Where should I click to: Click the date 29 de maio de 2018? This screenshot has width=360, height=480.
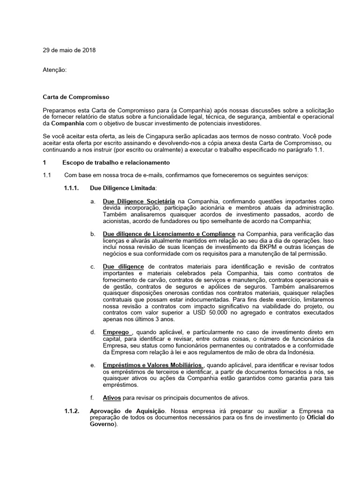[68, 50]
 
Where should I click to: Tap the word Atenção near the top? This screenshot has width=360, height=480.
[54, 70]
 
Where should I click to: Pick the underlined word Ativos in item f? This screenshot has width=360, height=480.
[112, 397]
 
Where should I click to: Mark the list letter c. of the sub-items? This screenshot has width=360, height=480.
[93, 266]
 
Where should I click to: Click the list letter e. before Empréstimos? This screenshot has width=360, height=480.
[93, 365]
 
